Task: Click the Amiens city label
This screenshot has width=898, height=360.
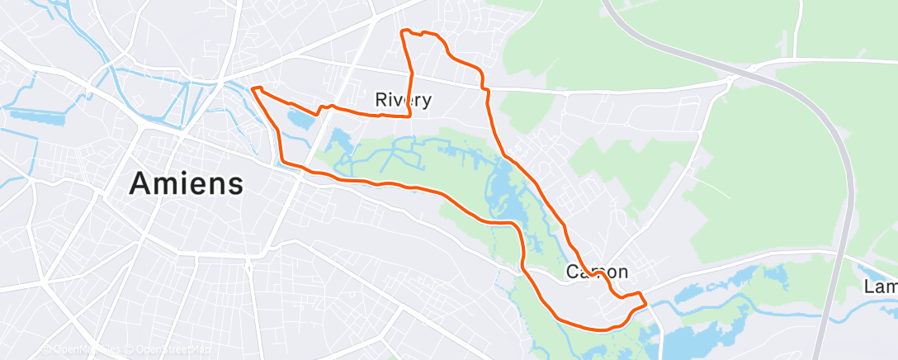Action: (186, 183)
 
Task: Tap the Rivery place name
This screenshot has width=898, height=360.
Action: (403, 101)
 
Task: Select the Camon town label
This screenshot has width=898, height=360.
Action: (597, 272)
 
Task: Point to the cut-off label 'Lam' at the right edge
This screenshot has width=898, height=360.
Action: (880, 287)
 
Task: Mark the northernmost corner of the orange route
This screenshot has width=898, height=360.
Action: (403, 31)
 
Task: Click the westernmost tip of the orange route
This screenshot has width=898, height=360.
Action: (252, 88)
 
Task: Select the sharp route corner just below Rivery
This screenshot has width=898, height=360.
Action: (410, 116)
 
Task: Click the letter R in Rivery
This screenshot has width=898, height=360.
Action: (381, 101)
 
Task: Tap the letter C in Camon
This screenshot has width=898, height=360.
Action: (572, 272)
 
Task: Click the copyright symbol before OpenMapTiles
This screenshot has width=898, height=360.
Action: (46, 350)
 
